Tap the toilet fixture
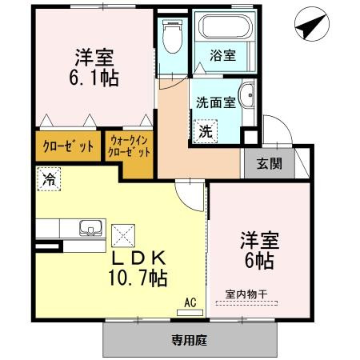[170, 37]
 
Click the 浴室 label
[222, 57]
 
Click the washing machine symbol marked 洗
[205, 130]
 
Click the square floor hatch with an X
[125, 235]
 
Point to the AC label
[190, 302]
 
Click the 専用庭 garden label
[190, 340]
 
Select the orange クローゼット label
[67, 147]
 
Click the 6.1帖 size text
[94, 79]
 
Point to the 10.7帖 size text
[139, 279]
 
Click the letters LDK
[138, 258]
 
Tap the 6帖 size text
[259, 261]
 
